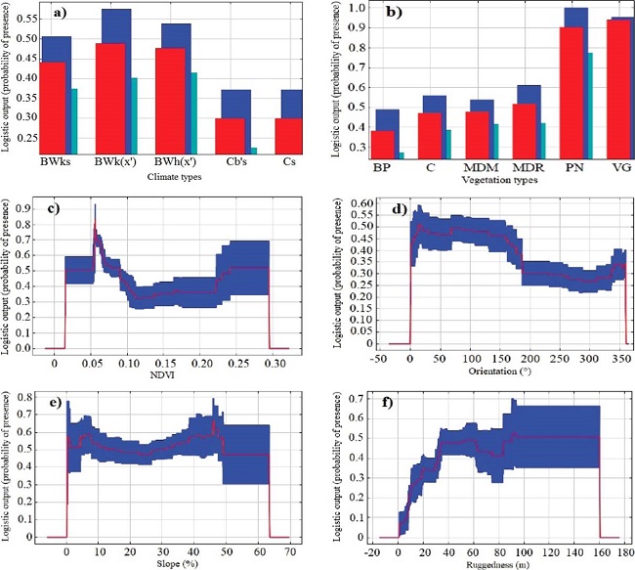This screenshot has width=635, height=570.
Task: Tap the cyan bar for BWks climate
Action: pos(74,120)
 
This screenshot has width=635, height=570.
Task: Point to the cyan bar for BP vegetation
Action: pos(401,154)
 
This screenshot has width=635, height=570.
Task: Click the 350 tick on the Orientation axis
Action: pos(618,358)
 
